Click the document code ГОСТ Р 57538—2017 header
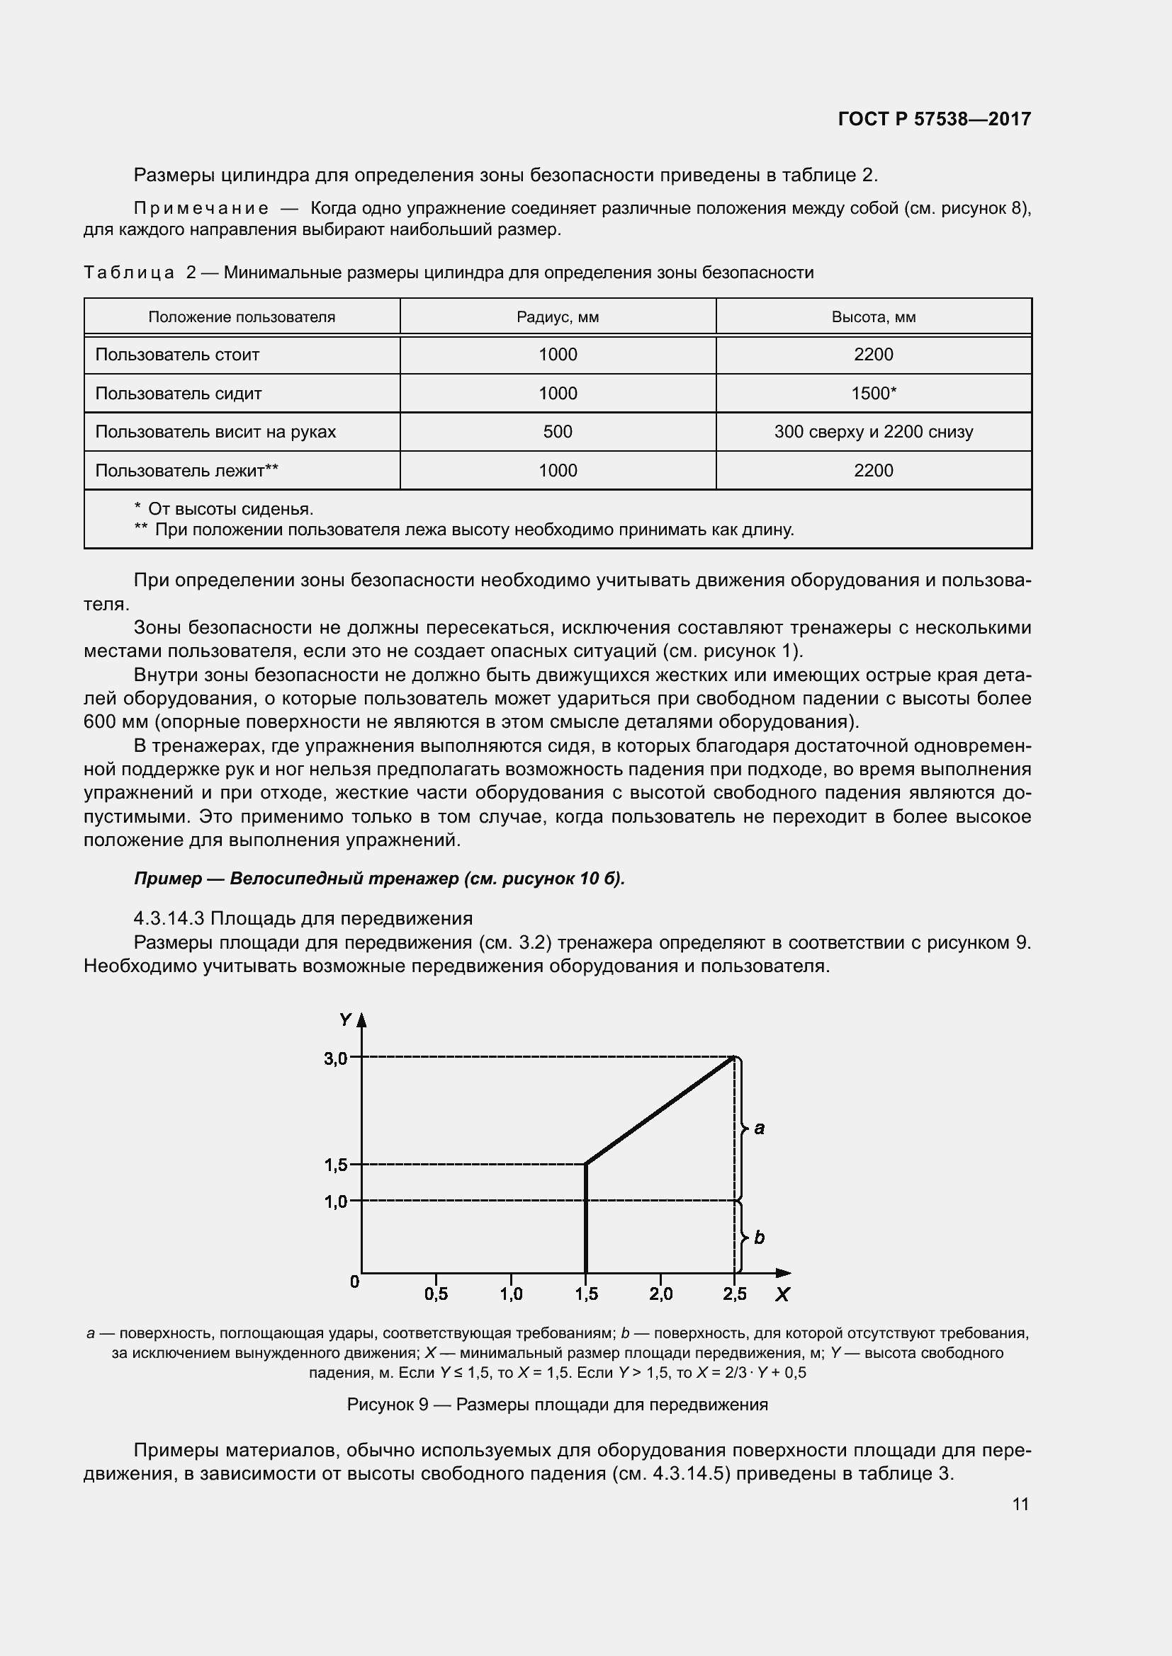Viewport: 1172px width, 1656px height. pyautogui.click(x=934, y=119)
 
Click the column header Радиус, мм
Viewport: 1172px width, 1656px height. pyautogui.click(x=557, y=317)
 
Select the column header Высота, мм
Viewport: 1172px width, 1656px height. pyautogui.click(x=873, y=317)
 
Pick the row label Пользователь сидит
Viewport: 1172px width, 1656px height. pyautogui.click(x=179, y=394)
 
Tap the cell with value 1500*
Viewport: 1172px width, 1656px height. pyautogui.click(x=873, y=394)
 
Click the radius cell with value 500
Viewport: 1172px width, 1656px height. pyautogui.click(x=557, y=432)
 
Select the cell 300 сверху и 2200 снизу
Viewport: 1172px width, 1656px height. pyautogui.click(x=873, y=432)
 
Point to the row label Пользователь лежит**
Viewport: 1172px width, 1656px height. pyautogui.click(x=187, y=471)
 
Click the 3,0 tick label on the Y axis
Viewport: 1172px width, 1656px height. pyautogui.click(x=336, y=1058)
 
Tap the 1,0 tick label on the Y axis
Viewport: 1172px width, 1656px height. pyautogui.click(x=336, y=1201)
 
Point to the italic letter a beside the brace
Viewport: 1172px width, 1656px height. pyautogui.click(x=759, y=1129)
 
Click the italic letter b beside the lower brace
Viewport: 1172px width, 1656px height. pyautogui.click(x=759, y=1238)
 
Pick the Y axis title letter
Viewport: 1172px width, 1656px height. pyautogui.click(x=345, y=1020)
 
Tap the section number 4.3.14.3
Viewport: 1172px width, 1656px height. pyautogui.click(x=169, y=919)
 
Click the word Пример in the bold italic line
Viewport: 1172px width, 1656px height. pyautogui.click(x=168, y=879)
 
